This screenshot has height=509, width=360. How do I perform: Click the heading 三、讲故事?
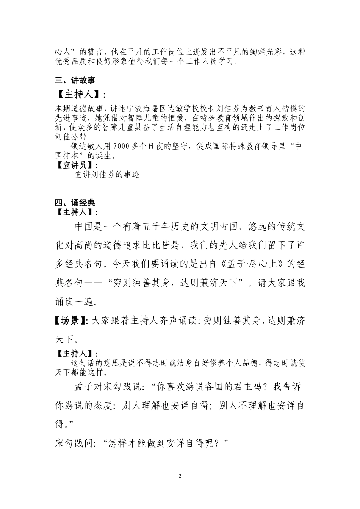pos(75,80)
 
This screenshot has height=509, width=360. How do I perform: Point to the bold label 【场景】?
pos(71,321)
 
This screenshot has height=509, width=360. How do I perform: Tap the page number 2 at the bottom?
pos(180,476)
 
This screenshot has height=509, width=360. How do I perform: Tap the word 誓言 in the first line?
pos(90,52)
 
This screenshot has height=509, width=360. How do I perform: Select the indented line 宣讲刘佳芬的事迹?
pos(107,175)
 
